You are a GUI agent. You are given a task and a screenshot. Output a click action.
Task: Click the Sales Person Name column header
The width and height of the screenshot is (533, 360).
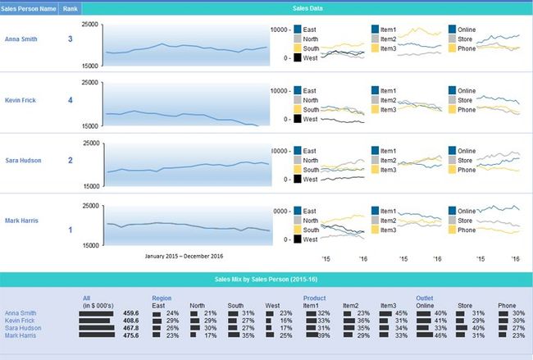pos(30,8)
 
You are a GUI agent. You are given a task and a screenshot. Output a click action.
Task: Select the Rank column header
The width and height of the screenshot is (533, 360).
pos(71,8)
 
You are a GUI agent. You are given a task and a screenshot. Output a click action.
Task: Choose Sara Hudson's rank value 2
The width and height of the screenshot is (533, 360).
pos(71,161)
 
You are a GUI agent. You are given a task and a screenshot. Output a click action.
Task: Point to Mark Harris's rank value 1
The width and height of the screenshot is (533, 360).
pos(71,230)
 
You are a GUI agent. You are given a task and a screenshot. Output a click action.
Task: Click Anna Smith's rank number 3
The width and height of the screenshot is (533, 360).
pos(71,39)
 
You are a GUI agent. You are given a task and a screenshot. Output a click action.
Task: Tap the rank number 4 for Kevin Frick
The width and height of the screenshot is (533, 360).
pos(71,100)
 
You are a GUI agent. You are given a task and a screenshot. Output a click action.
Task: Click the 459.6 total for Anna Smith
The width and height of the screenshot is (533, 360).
pos(130,313)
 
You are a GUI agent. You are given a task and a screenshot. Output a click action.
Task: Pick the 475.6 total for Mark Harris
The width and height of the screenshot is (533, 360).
pos(130,335)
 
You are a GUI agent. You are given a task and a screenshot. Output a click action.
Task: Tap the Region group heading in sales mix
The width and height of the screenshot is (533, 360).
pos(162,298)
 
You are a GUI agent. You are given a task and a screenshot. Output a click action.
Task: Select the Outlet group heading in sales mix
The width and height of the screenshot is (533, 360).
pos(425,298)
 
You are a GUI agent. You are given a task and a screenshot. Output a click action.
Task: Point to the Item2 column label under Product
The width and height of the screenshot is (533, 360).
pos(350,305)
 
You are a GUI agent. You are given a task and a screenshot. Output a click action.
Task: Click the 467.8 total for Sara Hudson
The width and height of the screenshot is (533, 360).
pos(130,328)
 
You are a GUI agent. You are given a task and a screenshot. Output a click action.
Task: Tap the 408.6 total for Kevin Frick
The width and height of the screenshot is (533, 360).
pos(130,321)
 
